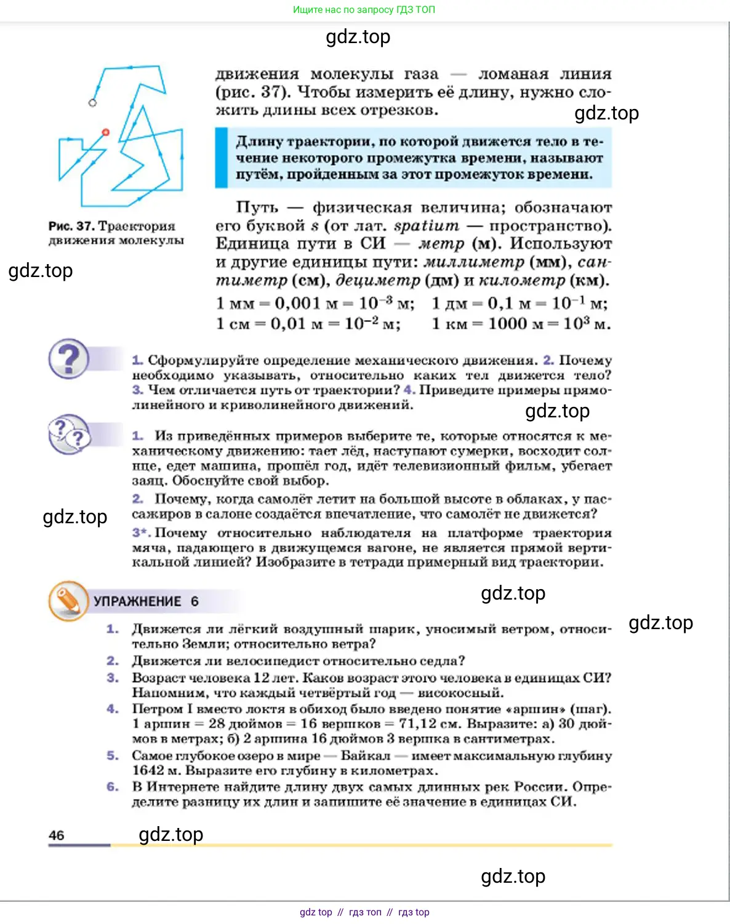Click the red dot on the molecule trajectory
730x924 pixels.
pos(105,132)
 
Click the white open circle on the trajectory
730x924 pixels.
pos(92,103)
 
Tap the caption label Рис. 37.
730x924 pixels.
pos(71,226)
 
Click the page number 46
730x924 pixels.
pos(56,835)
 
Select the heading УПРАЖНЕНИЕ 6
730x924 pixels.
pos(146,601)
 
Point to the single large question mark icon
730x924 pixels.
pos(69,358)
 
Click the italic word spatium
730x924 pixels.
pos(426,226)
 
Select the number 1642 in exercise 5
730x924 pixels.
pos(148,770)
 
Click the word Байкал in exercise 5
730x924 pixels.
pos(365,755)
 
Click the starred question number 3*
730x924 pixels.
pos(141,532)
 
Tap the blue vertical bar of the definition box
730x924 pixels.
pos(221,158)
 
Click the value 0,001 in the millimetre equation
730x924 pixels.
pos(297,303)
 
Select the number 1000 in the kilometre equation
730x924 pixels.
pos(507,323)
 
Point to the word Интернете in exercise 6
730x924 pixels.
pos(183,787)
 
